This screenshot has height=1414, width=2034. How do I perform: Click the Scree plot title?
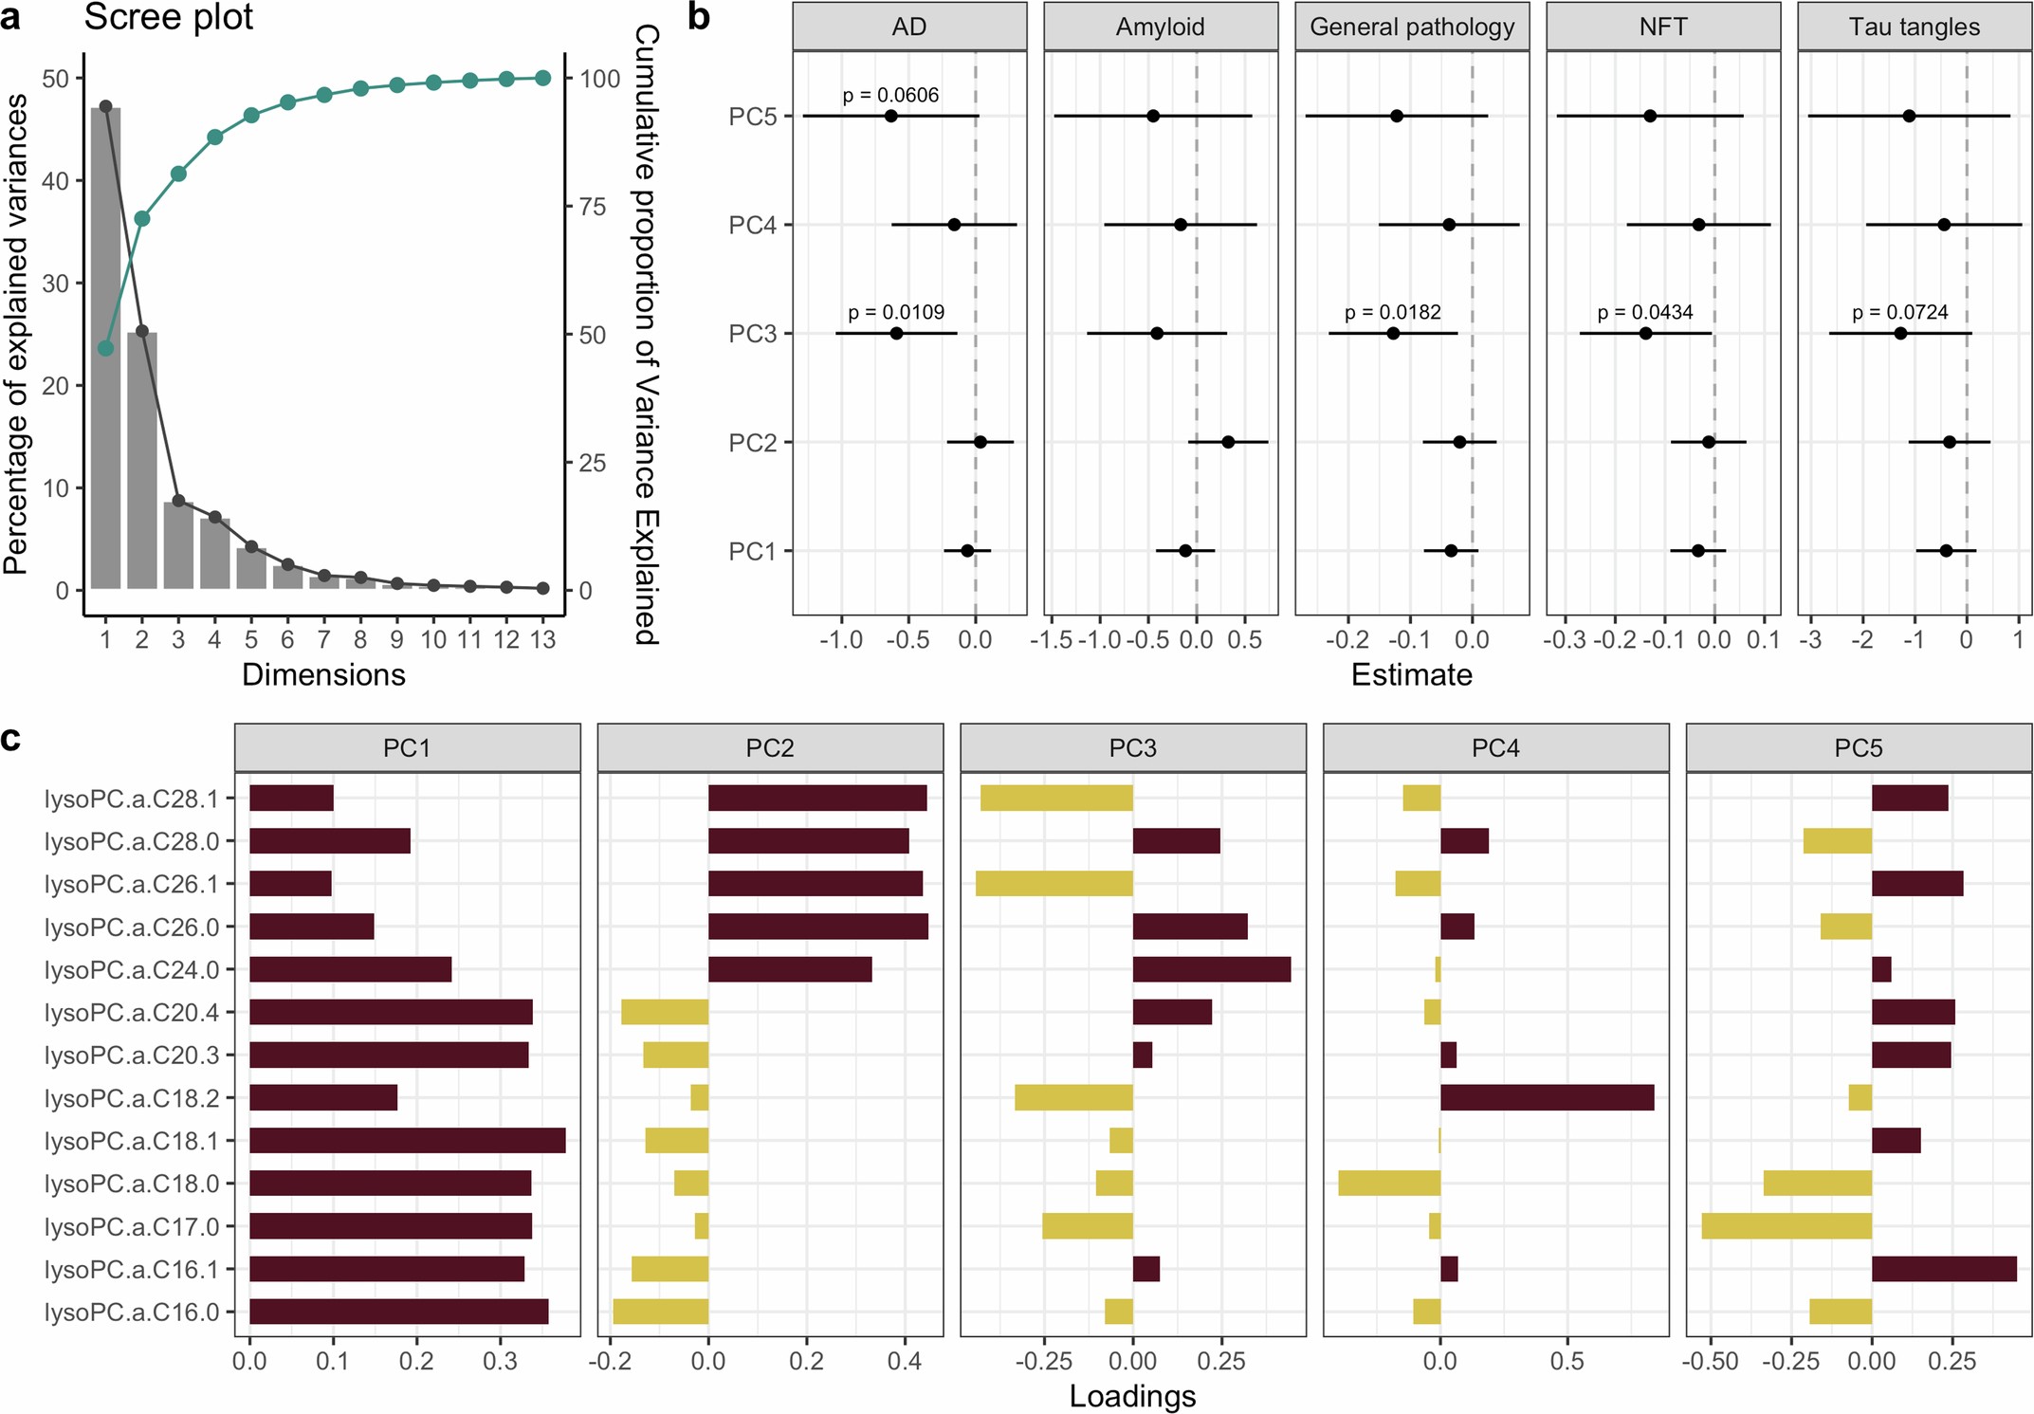point(169,17)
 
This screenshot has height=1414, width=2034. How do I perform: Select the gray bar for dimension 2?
point(142,460)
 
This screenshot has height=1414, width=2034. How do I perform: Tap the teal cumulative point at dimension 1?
point(105,348)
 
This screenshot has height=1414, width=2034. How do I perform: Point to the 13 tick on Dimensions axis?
point(542,640)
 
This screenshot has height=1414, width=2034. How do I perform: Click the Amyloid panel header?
point(1160,27)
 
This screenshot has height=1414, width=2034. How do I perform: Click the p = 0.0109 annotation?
point(896,312)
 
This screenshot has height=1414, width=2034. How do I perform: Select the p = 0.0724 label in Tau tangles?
point(1899,312)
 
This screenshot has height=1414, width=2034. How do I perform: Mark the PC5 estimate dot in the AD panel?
point(890,116)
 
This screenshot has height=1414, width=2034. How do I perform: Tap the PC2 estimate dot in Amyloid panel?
point(1228,442)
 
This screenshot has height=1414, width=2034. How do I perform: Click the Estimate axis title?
point(1411,674)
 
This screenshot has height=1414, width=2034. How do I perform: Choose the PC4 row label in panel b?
point(752,225)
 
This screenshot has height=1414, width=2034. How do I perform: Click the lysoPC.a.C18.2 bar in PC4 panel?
point(1547,1097)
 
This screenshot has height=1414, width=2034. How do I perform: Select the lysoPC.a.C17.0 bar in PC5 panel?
point(1786,1225)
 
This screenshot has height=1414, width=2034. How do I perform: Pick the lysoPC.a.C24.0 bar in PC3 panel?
point(1211,969)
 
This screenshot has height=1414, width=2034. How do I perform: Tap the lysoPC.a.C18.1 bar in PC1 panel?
point(407,1140)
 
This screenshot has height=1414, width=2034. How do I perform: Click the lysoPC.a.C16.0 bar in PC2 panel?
point(661,1312)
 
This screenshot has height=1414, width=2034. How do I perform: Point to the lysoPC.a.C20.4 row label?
point(132,1012)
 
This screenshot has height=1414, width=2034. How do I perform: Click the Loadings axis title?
point(1132,1396)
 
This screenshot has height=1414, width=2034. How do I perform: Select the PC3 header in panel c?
point(1132,748)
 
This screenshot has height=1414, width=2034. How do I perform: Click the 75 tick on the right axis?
point(593,207)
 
